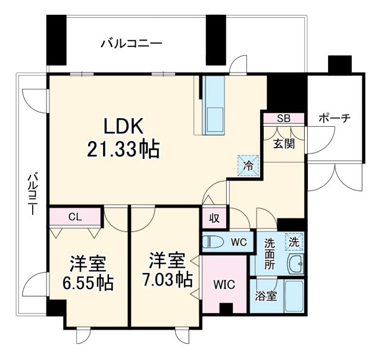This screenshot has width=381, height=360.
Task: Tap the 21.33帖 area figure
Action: click(124, 149)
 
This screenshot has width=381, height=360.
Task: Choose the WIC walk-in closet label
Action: click(224, 284)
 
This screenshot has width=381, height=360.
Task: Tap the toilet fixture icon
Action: click(215, 242)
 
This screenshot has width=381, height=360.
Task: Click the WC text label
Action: click(239, 242)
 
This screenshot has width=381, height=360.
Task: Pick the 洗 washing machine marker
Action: click(294, 242)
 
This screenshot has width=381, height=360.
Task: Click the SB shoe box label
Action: click(283, 118)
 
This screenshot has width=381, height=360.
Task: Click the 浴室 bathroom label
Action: click(266, 296)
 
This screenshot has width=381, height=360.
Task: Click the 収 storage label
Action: click(214, 218)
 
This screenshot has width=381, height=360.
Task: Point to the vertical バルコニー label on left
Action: click(33, 193)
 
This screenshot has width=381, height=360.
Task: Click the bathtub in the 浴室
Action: click(295, 296)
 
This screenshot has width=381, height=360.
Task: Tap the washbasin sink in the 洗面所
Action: click(295, 262)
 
